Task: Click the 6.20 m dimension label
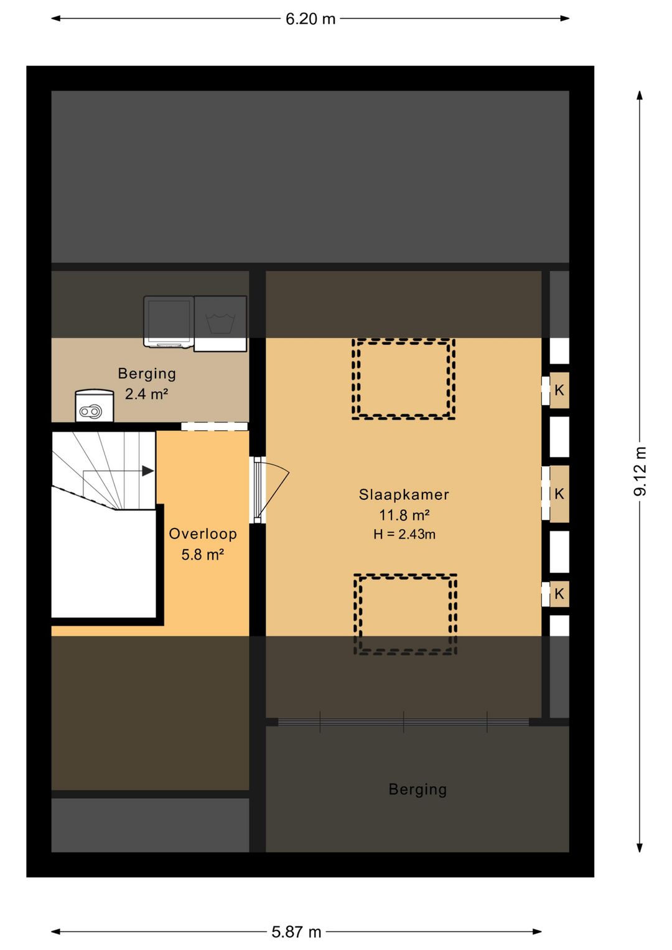(x=310, y=19)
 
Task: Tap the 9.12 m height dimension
(x=640, y=471)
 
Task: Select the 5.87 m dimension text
(x=296, y=932)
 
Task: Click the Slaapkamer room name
(x=404, y=494)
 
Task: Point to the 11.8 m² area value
(x=404, y=515)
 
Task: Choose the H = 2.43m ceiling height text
(x=404, y=534)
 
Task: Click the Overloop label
(x=203, y=534)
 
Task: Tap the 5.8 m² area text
(x=203, y=555)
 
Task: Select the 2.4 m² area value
(x=146, y=394)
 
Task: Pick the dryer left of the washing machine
(x=169, y=322)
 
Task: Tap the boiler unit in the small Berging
(x=94, y=406)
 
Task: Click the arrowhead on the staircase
(x=147, y=471)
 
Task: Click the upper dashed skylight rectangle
(x=403, y=379)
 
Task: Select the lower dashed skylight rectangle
(x=405, y=614)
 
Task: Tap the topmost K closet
(x=559, y=390)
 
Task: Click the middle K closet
(x=559, y=494)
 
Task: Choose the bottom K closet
(x=559, y=594)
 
